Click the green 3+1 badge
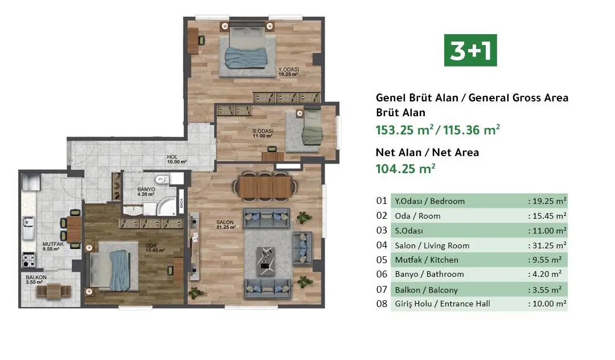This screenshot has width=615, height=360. click(470, 50)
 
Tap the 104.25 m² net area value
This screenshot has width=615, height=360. click(405, 168)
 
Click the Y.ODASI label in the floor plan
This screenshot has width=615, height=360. click(289, 71)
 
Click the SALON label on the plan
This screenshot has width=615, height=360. click(223, 223)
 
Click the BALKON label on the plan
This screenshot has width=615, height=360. click(36, 279)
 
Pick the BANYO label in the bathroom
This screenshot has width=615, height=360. click(146, 191)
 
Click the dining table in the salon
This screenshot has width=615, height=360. click(266, 186)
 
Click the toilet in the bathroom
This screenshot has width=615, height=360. click(162, 181)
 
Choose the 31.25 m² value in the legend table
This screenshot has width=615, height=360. click(546, 246)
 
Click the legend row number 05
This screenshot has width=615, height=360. click(382, 260)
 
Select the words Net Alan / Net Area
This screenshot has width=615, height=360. click(427, 152)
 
